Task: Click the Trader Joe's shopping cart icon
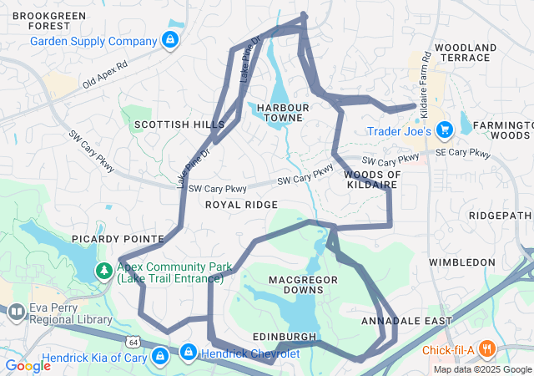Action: [x=444, y=130]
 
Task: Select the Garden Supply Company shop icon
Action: [x=169, y=39]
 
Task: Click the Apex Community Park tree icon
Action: [x=104, y=271]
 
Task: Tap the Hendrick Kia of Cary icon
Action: [x=161, y=356]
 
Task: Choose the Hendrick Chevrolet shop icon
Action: [x=189, y=353]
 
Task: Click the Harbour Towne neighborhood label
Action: [x=283, y=113]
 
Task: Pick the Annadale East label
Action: [x=395, y=321]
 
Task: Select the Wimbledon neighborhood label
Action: [x=462, y=262]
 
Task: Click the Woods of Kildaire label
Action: [x=372, y=179]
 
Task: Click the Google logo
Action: [x=28, y=365]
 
